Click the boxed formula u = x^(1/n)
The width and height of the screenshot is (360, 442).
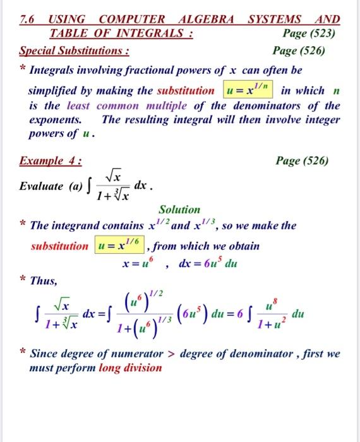[x=249, y=90]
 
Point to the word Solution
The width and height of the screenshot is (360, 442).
[x=179, y=209]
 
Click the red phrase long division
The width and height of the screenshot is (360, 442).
[x=130, y=367]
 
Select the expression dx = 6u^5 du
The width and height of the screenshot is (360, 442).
[x=208, y=264]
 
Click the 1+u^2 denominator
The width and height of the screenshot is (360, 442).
[x=287, y=324]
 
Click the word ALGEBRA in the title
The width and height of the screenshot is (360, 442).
[x=201, y=19]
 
